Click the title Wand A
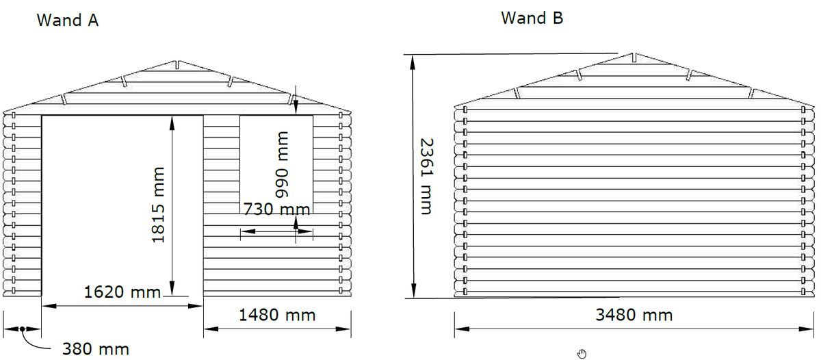pos(68,20)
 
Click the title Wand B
pos(532,18)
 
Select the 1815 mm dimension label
pos(158,205)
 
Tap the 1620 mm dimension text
pos(122,292)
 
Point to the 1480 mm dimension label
pos(277,315)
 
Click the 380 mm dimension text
pos(96,349)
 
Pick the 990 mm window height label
pos(282,165)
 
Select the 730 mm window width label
pos(276,209)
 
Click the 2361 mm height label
pos(427,177)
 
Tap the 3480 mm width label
pos(634,315)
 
